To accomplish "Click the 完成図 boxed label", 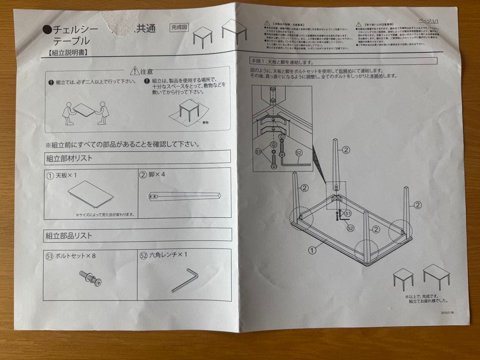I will coord(180,28).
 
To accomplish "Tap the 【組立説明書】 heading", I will coord(66,52).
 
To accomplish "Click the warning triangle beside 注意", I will coord(134,71).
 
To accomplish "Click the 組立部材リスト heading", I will coord(68,158).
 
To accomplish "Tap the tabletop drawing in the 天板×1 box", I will coord(91,195).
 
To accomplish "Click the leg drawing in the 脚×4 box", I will coord(185,196).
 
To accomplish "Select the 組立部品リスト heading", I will coord(68,236).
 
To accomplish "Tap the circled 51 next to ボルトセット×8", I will coord(49,256).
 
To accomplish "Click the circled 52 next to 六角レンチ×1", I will coord(143,256).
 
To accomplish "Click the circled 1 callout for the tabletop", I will coord(312,250).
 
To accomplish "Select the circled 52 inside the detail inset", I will coord(298,152).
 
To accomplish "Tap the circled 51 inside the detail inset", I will coord(258,152).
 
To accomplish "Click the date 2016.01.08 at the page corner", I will coord(450,312).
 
